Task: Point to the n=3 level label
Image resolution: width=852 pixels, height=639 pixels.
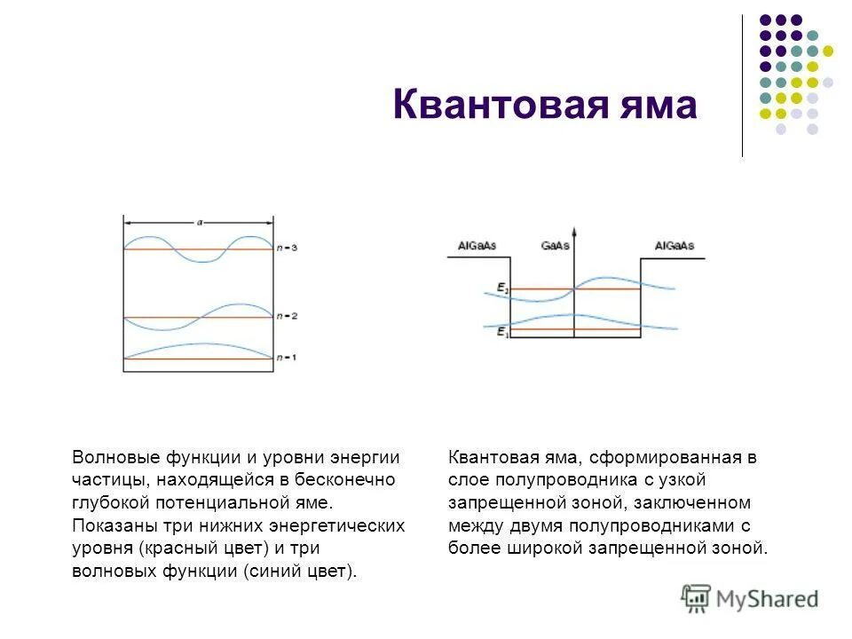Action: click(x=287, y=248)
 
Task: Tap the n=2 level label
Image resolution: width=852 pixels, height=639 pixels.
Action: click(x=287, y=316)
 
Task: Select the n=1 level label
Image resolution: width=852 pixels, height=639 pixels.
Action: click(x=287, y=358)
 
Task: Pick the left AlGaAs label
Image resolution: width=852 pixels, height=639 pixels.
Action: click(x=477, y=245)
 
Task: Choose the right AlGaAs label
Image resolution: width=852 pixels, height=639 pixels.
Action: click(x=674, y=245)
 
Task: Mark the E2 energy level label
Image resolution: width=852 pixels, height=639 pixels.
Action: click(x=502, y=288)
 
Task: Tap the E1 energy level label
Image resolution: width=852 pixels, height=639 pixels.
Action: click(x=502, y=330)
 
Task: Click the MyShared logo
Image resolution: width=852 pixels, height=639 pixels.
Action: click(x=750, y=599)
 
